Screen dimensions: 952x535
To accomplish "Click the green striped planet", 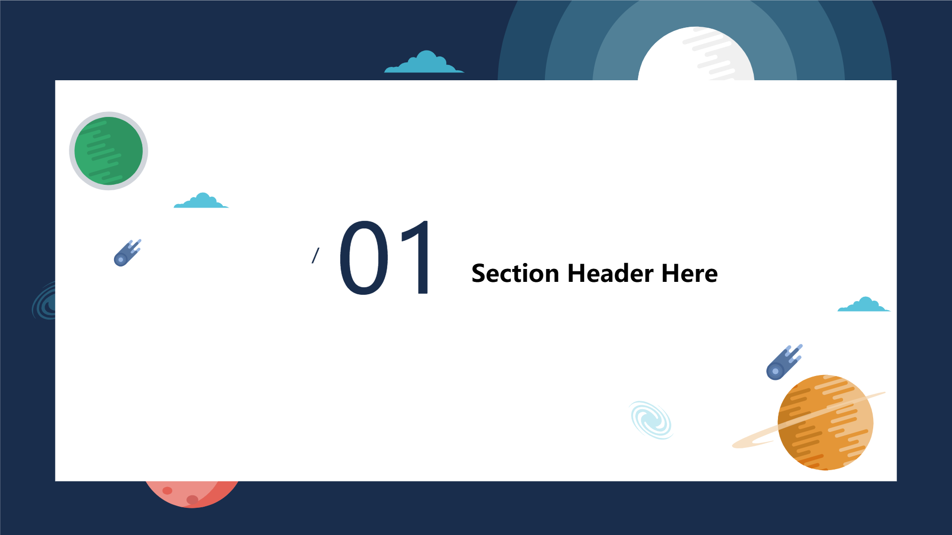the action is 109,151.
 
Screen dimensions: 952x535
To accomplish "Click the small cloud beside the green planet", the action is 201,201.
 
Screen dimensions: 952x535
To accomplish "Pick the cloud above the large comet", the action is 864,304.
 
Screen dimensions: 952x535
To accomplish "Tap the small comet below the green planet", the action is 127,253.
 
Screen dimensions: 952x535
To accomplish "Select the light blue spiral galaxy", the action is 652,420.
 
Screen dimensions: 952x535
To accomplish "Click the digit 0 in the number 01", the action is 364,258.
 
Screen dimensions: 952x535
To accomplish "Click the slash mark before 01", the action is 315,256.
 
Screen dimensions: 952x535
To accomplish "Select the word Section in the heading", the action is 515,273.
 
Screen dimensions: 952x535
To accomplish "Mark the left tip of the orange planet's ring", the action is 733,446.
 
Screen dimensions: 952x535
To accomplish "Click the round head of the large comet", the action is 775,372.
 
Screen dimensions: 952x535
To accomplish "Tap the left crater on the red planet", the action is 168,490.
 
